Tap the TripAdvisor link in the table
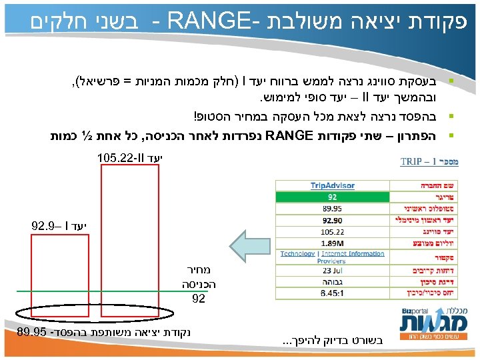331,185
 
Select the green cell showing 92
331,197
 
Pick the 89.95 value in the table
331,207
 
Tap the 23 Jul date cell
331,271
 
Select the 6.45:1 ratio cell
331,292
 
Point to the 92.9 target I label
59,225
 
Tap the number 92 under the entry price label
198,299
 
